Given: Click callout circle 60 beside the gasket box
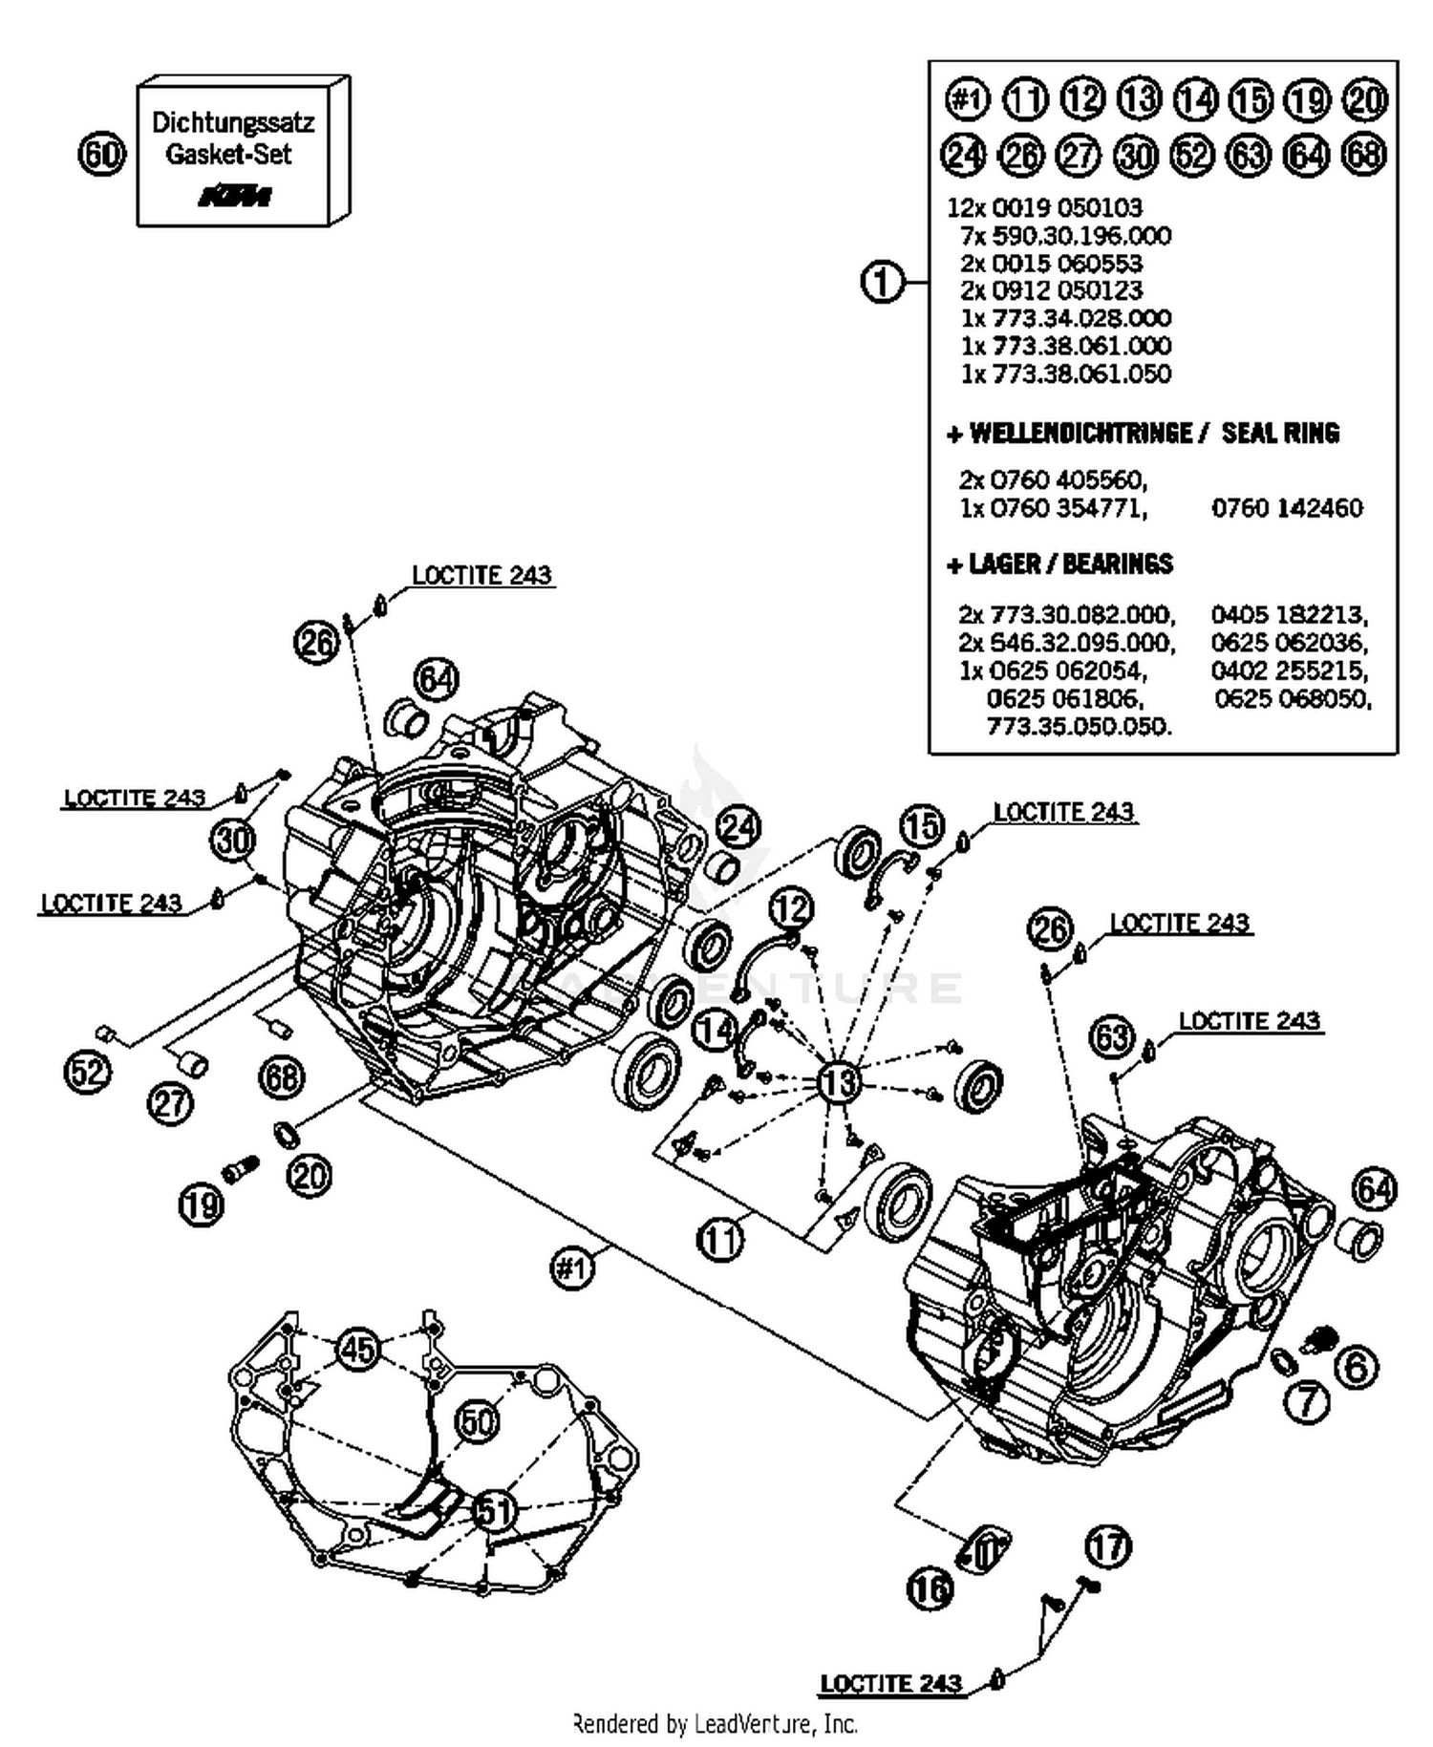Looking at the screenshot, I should pyautogui.click(x=101, y=154).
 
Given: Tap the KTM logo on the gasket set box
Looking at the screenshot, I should pyautogui.click(x=234, y=196).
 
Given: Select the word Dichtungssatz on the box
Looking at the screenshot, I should pyautogui.click(x=232, y=122).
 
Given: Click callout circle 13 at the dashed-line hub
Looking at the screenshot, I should pyautogui.click(x=839, y=1082).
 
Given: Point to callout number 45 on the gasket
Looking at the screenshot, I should pyautogui.click(x=358, y=1350).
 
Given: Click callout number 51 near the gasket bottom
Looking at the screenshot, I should pyautogui.click(x=494, y=1510).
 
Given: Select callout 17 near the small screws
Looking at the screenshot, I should pyautogui.click(x=1108, y=1545).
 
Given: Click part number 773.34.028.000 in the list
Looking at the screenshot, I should pyautogui.click(x=1065, y=318).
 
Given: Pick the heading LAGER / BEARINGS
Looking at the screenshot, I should pyautogui.click(x=1059, y=565).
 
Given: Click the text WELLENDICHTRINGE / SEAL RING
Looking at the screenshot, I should pyautogui.click(x=1144, y=434).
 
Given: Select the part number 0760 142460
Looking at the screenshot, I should pyautogui.click(x=1287, y=508).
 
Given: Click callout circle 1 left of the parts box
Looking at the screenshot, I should pyautogui.click(x=882, y=283).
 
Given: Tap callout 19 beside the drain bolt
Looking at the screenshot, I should pyautogui.click(x=202, y=1204).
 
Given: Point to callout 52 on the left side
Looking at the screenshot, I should pyautogui.click(x=87, y=1072).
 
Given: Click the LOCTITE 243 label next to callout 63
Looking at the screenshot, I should pyautogui.click(x=1249, y=1021).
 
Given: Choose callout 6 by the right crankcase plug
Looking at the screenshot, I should pyautogui.click(x=1356, y=1367).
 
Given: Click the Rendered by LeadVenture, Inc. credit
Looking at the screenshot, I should pyautogui.click(x=715, y=1724).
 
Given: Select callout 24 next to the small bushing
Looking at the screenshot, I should pyautogui.click(x=738, y=827).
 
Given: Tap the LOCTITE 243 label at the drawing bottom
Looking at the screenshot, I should pyautogui.click(x=890, y=1683).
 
